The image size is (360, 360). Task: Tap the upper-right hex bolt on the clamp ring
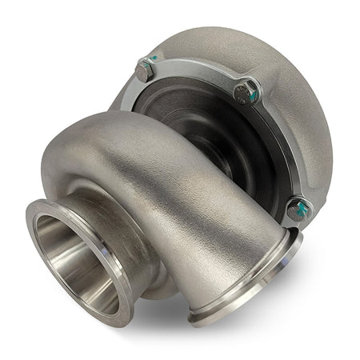pyautogui.click(x=246, y=90)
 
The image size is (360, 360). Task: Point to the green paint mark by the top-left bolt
pyautogui.click(x=150, y=62)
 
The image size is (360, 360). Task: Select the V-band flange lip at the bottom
pyautogui.click(x=240, y=308)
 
